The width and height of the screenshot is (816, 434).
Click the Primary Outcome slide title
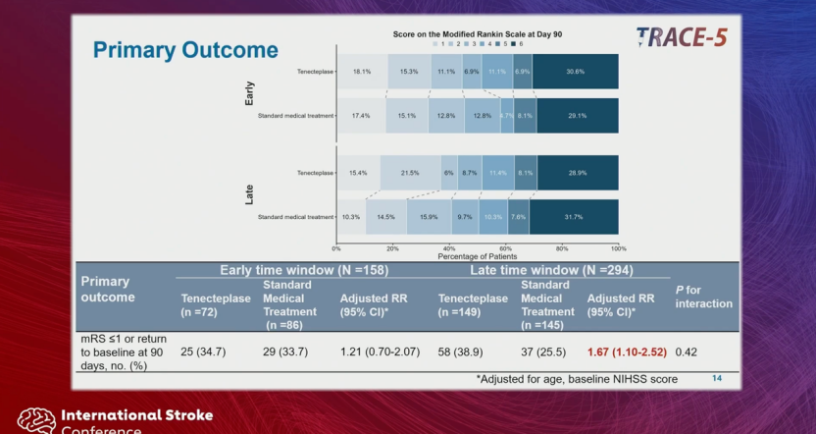click(x=185, y=50)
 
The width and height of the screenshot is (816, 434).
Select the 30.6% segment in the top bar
click(x=576, y=72)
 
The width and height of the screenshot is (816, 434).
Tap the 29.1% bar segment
click(x=577, y=116)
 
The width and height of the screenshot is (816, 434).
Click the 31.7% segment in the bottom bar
click(x=574, y=217)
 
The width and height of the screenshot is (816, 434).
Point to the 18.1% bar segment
click(x=361, y=72)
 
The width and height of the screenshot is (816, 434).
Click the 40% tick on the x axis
click(x=449, y=248)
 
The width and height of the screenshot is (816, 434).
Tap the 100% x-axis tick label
click(x=617, y=248)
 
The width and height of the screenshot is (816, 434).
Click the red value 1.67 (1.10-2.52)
click(x=627, y=351)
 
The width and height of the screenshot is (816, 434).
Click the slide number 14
click(x=716, y=377)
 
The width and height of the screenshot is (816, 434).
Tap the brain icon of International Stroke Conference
click(x=36, y=420)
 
